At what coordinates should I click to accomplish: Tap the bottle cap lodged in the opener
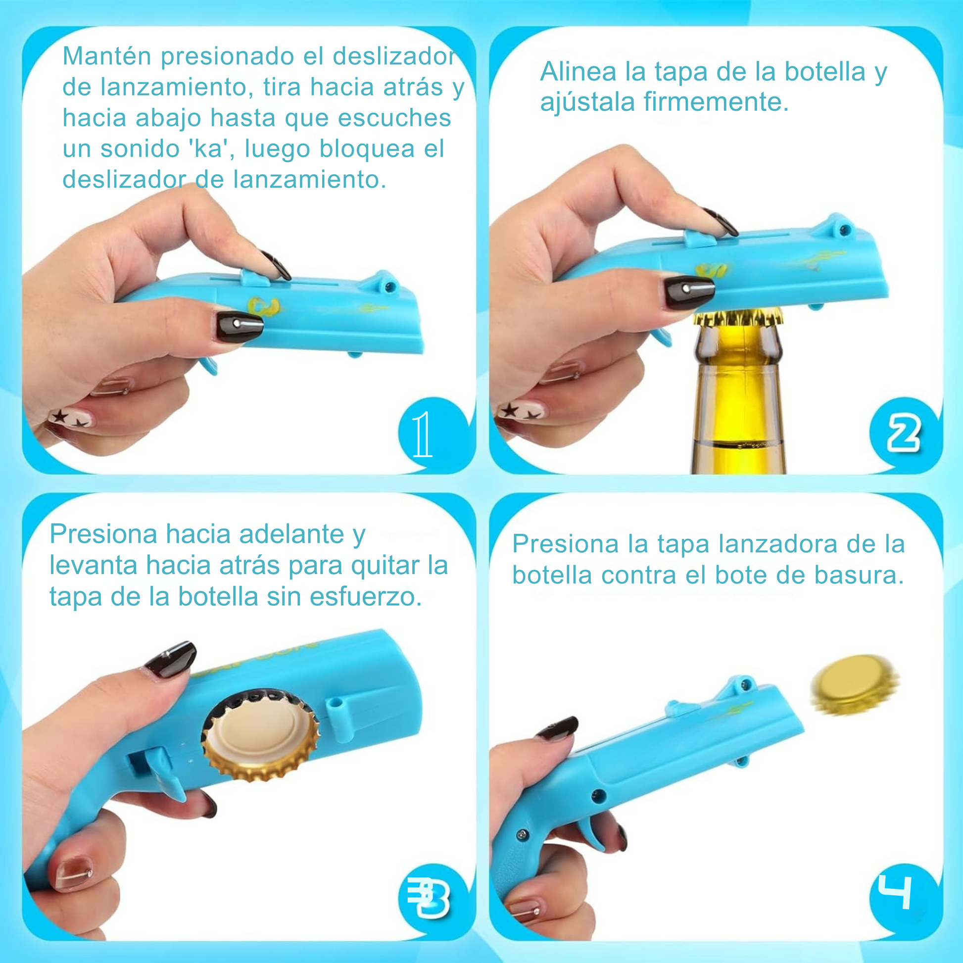click(261, 736)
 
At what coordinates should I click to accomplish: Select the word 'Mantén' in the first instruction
click(107, 56)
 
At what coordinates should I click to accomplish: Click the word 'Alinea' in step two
click(578, 71)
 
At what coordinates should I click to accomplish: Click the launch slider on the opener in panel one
click(255, 277)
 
